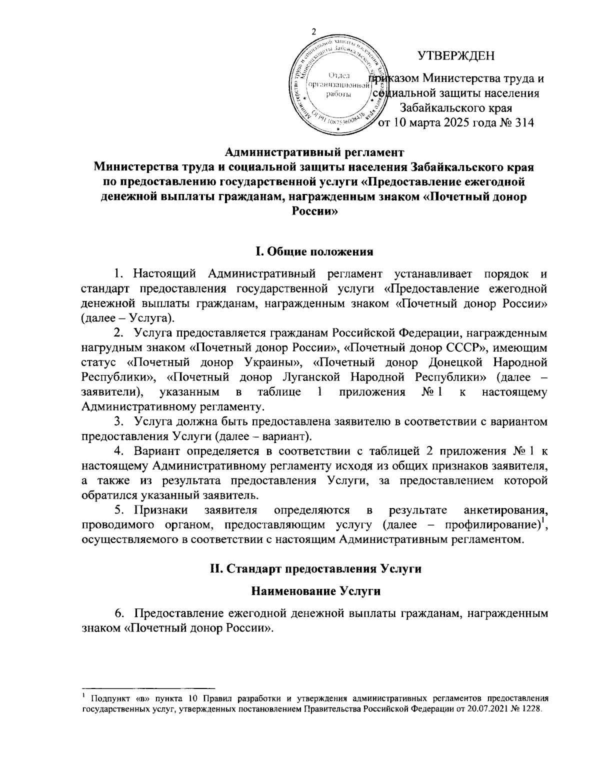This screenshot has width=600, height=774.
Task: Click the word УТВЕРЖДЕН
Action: click(x=456, y=55)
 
